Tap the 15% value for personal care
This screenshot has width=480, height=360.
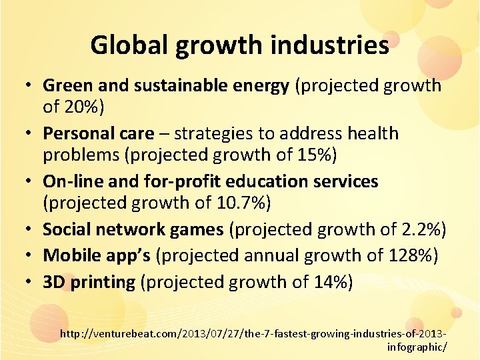(315, 156)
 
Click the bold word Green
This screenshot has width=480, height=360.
(65, 85)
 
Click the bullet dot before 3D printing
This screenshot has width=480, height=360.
(29, 283)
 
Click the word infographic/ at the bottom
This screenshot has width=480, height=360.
(417, 346)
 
